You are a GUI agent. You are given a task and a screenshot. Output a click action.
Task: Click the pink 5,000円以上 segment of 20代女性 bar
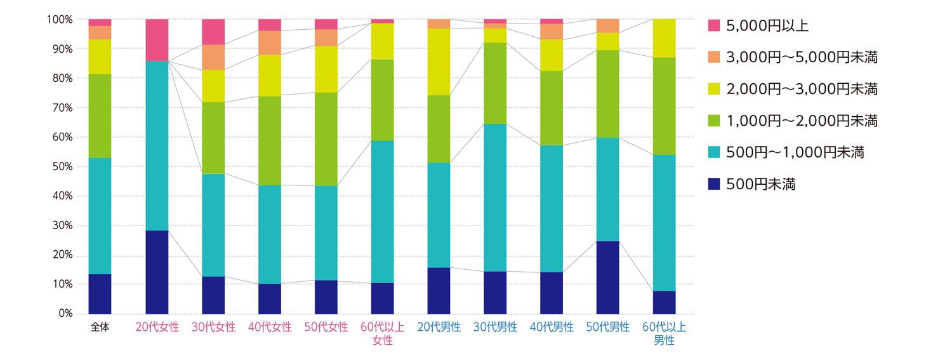pyautogui.click(x=157, y=39)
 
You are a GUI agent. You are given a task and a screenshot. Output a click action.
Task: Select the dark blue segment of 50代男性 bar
pyautogui.click(x=608, y=277)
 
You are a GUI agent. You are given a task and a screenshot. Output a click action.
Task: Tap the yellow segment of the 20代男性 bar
pyautogui.click(x=439, y=62)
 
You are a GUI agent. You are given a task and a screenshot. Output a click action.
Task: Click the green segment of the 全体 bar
pyautogui.click(x=100, y=116)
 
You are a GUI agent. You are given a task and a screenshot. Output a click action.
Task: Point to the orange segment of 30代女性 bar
pyautogui.click(x=213, y=57)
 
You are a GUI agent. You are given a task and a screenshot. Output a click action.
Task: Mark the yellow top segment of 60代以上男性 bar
pyautogui.click(x=664, y=38)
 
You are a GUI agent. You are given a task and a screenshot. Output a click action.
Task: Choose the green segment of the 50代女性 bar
pyautogui.click(x=326, y=139)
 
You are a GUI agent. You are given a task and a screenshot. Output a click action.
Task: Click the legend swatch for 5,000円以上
pyautogui.click(x=714, y=25)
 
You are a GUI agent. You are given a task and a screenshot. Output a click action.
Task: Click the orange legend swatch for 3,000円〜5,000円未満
pyautogui.click(x=714, y=57)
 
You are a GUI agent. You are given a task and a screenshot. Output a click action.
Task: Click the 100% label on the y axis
pyautogui.click(x=59, y=20)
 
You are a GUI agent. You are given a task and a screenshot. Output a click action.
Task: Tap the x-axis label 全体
pyautogui.click(x=100, y=328)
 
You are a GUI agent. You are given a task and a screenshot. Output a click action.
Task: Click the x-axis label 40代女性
pyautogui.click(x=270, y=328)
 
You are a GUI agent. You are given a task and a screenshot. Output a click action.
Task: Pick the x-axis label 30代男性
pyautogui.click(x=495, y=328)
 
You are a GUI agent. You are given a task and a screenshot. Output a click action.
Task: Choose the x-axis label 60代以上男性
pyautogui.click(x=664, y=334)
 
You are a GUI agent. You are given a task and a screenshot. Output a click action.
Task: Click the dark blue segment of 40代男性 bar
pyautogui.click(x=552, y=293)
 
